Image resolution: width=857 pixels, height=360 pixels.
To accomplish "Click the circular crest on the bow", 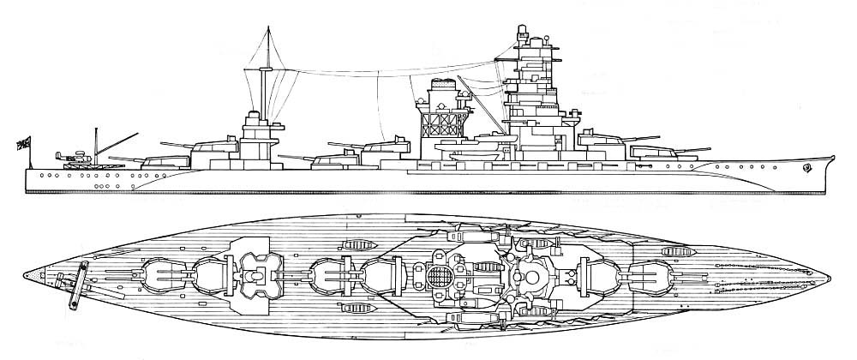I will tap(806, 168).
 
